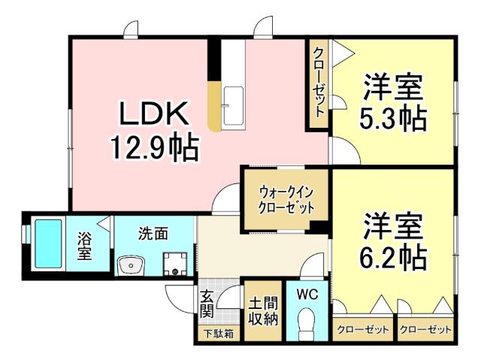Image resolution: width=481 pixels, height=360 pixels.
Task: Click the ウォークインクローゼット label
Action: pyautogui.click(x=285, y=200)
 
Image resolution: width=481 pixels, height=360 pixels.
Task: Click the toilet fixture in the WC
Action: pyautogui.click(x=307, y=325)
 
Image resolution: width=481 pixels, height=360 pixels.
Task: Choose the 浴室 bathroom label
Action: pyautogui.click(x=84, y=247)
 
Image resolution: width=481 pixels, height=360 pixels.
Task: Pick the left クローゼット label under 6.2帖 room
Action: pyautogui.click(x=363, y=330)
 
